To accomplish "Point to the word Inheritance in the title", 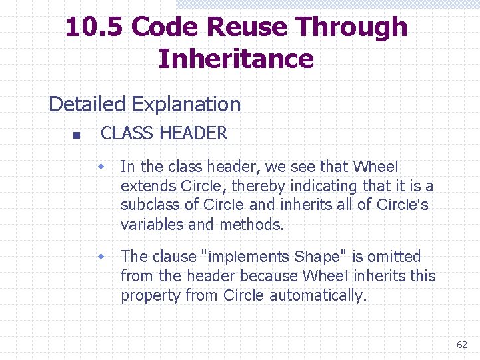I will [x=236, y=59].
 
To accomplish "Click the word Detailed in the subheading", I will [x=87, y=105].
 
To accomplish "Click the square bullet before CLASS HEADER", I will [x=76, y=135].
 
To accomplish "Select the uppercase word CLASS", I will [x=127, y=133].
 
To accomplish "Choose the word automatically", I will [x=318, y=295].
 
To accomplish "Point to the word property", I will [x=151, y=296].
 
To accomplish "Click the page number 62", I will [x=462, y=345].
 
